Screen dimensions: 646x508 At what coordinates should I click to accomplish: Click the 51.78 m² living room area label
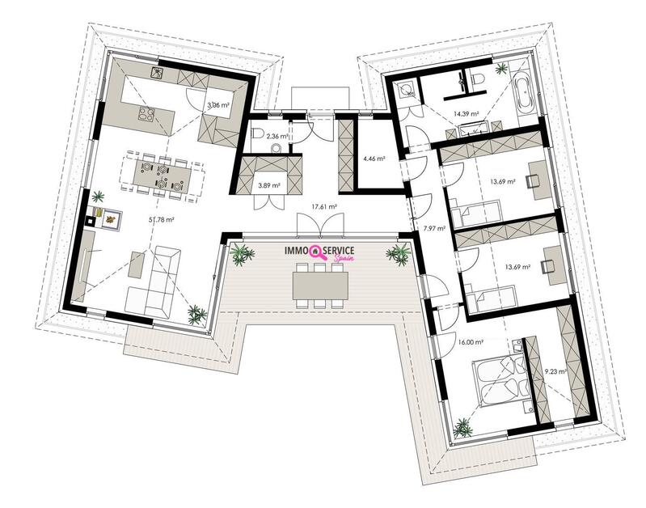click(x=162, y=220)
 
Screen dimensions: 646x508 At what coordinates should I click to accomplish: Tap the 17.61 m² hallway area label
click(x=325, y=206)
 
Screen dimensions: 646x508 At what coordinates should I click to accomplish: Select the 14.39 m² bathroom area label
click(x=466, y=113)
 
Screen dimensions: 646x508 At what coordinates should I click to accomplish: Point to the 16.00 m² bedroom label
click(x=471, y=342)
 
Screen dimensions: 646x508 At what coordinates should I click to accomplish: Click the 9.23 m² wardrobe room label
click(x=555, y=371)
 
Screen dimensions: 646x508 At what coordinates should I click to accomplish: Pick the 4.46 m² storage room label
click(x=374, y=159)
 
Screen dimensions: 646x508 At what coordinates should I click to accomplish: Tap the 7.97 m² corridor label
click(x=434, y=228)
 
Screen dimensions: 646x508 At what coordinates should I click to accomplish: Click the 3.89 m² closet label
click(x=269, y=185)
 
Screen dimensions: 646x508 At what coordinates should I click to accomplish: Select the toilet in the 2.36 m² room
click(x=258, y=133)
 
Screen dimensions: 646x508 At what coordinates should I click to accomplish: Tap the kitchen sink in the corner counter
click(x=158, y=73)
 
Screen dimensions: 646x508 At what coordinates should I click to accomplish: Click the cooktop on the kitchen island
click(x=146, y=113)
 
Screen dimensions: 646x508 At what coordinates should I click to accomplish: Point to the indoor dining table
click(x=163, y=176)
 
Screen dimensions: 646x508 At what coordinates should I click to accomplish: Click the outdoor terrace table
click(x=320, y=286)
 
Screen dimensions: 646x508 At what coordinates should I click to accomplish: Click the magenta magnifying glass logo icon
click(x=317, y=252)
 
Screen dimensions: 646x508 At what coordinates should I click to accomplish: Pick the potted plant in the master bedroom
click(x=463, y=428)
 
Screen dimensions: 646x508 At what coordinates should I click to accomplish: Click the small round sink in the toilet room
click(x=276, y=147)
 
